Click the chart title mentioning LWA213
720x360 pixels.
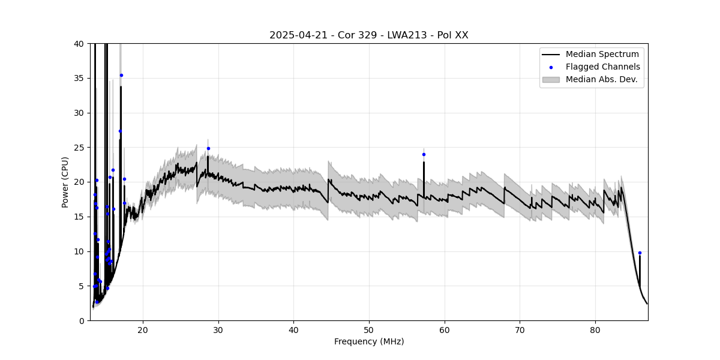[x=368, y=35]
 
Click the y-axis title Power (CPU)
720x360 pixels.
[x=65, y=182]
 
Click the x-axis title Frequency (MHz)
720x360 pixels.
[x=369, y=341]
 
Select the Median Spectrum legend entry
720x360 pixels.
[x=602, y=55]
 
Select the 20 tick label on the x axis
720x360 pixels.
[x=143, y=329]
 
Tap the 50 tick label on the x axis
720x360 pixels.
[x=369, y=329]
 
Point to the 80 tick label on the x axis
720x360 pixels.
[x=595, y=329]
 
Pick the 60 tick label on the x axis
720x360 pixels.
[x=445, y=329]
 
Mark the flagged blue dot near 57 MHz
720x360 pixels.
[x=424, y=154]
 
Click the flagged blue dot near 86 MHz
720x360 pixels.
[x=640, y=253]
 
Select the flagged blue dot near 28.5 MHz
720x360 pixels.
[x=208, y=148]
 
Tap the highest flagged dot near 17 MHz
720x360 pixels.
[x=121, y=75]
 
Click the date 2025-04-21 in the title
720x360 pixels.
[x=298, y=35]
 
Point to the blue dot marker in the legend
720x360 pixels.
[x=551, y=67]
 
